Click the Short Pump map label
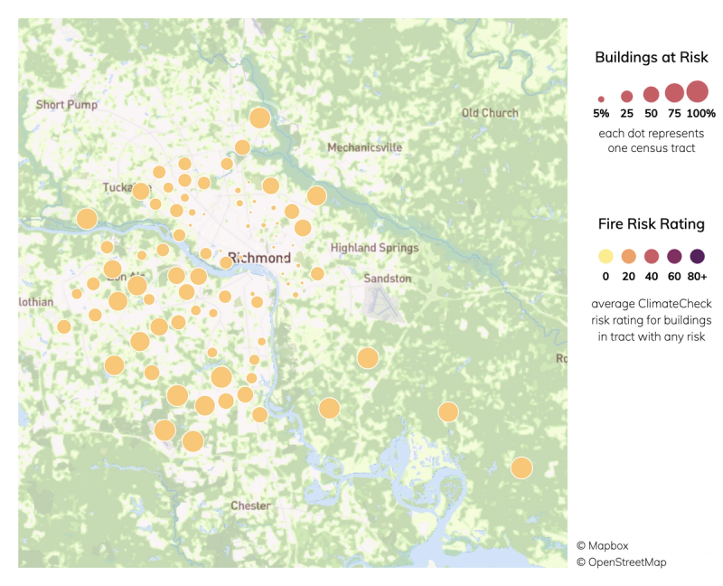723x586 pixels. [66, 105]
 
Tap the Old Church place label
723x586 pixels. [490, 113]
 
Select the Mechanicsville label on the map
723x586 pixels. [364, 147]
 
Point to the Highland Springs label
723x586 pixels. [374, 248]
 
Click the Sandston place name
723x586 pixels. [387, 279]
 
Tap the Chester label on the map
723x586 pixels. [250, 506]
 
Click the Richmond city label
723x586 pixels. [259, 258]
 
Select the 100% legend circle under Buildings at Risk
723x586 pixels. [697, 91]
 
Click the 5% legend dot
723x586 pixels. [601, 99]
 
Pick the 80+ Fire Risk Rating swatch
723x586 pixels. [697, 256]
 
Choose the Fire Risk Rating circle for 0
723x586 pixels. [605, 256]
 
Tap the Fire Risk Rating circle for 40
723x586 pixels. [651, 256]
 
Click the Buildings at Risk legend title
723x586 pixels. [651, 58]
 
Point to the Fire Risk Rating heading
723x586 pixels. [651, 223]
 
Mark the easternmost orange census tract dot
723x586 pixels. [521, 468]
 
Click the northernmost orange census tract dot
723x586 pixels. [259, 118]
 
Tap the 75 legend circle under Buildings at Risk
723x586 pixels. [674, 92]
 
